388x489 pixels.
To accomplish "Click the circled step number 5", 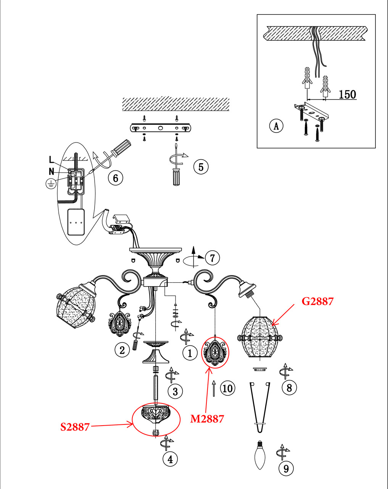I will point(201,167).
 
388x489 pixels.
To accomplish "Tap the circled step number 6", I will point(116,178).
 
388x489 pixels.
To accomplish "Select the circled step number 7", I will point(213,258).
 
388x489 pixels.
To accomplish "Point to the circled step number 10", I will point(227,389).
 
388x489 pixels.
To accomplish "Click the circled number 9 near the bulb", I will point(286,468).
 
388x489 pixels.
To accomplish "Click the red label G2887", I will point(317,301).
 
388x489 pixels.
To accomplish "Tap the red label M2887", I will point(207,419).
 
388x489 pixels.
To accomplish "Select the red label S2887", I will point(75,427).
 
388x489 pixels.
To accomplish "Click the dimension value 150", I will point(347,94).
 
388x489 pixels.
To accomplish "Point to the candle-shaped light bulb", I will point(260,455).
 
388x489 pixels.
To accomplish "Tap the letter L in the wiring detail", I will point(52,159).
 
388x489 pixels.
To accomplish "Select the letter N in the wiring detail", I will point(52,172).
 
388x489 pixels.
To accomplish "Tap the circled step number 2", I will point(122,350).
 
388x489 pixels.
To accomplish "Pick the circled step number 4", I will point(170,459).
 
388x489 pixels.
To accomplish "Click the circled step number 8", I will point(289,388).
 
